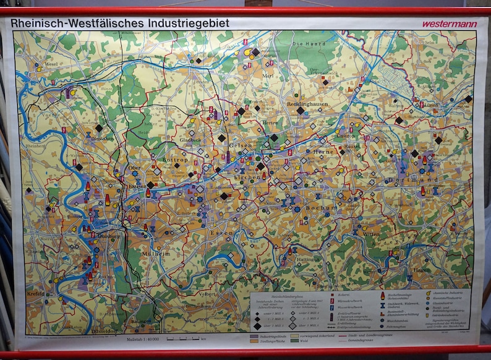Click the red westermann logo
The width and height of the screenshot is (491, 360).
click(441, 24)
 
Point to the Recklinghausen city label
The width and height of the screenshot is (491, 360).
click(307, 105)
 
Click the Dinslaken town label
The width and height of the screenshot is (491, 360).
click(102, 139)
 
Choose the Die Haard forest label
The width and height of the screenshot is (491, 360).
click(305, 45)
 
